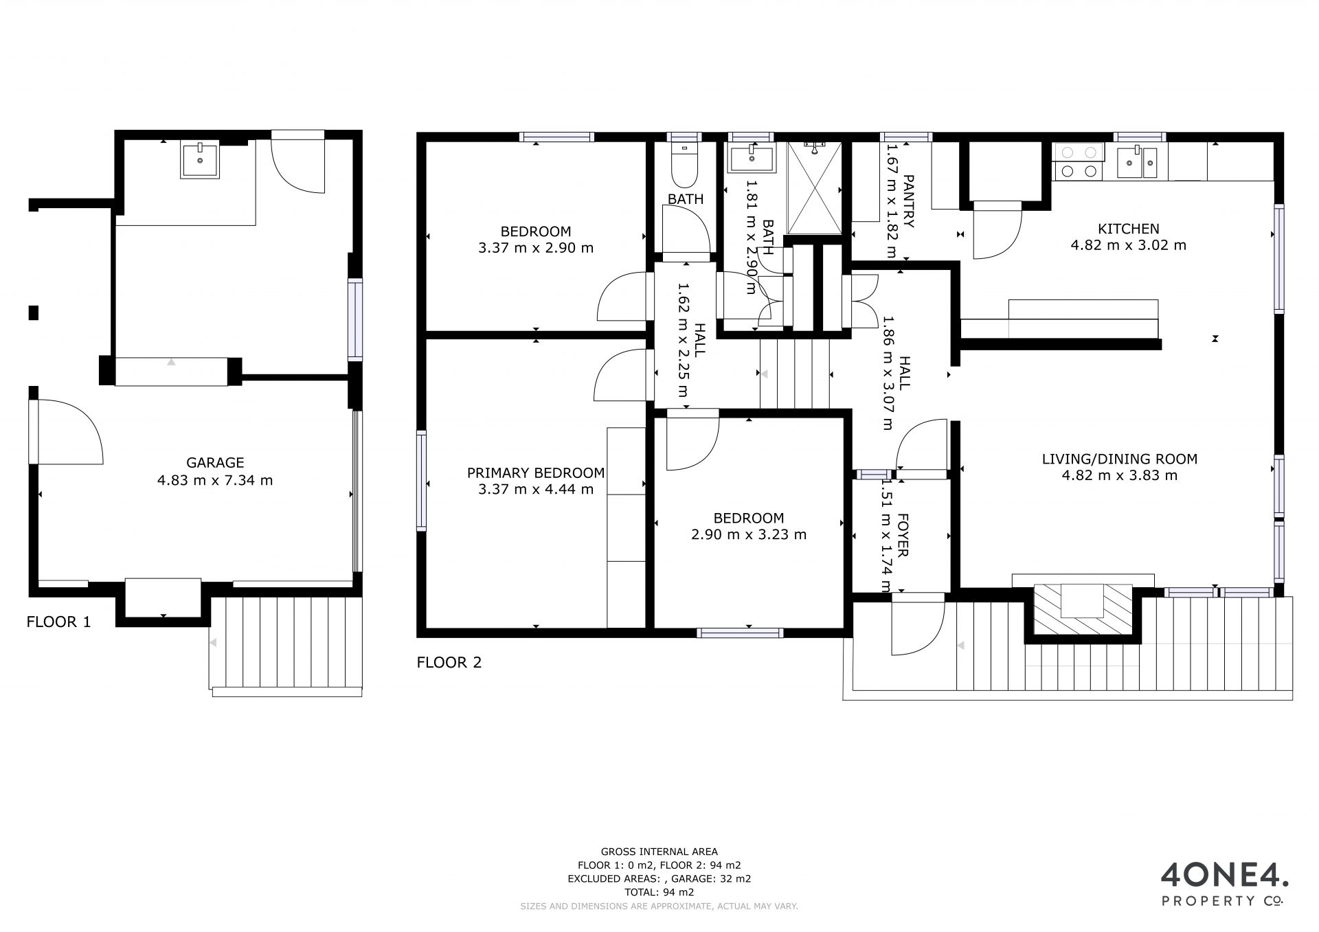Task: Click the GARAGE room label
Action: [215, 463]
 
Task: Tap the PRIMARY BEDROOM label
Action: [536, 473]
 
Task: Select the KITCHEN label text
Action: [1129, 229]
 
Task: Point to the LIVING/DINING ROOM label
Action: [1120, 459]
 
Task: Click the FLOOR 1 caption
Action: [58, 622]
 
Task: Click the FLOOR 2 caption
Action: [449, 663]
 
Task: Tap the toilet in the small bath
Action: [684, 166]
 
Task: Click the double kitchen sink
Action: [1142, 162]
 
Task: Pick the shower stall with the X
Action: [814, 188]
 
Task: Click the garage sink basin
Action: [200, 161]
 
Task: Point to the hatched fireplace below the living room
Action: [1083, 609]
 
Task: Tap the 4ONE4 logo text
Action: [1224, 874]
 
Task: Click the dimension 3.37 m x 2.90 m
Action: [536, 248]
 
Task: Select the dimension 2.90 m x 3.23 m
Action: [749, 535]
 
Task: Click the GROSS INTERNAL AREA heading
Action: [659, 852]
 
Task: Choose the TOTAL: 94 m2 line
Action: [659, 893]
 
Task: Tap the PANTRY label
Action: [908, 201]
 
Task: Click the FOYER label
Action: [903, 535]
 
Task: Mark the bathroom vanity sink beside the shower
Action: [751, 159]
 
